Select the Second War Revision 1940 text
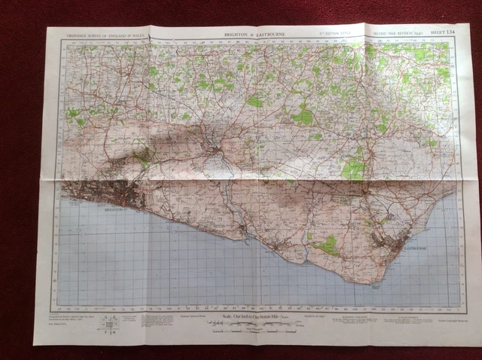pyautogui.click(x=392, y=33)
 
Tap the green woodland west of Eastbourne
pyautogui.click(x=326, y=245)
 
